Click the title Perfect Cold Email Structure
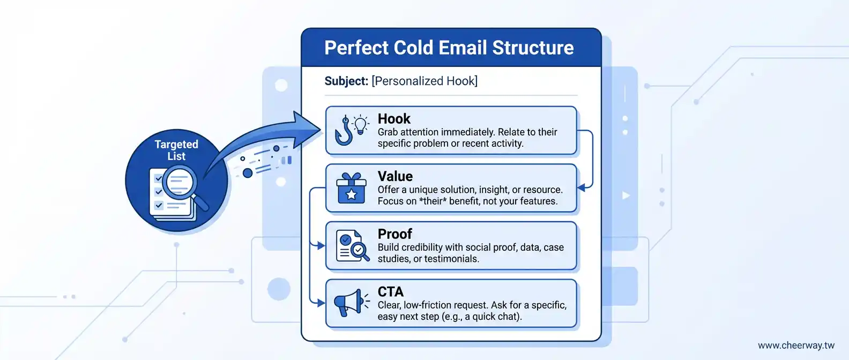449,48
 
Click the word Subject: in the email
346,81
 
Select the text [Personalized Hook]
424,81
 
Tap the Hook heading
394,119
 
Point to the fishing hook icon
344,131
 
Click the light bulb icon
360,125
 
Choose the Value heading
395,177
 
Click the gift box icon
352,189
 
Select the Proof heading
394,234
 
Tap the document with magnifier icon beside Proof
352,245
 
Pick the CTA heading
390,292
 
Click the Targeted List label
176,150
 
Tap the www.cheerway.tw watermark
796,345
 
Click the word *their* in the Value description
433,201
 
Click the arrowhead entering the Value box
581,187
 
